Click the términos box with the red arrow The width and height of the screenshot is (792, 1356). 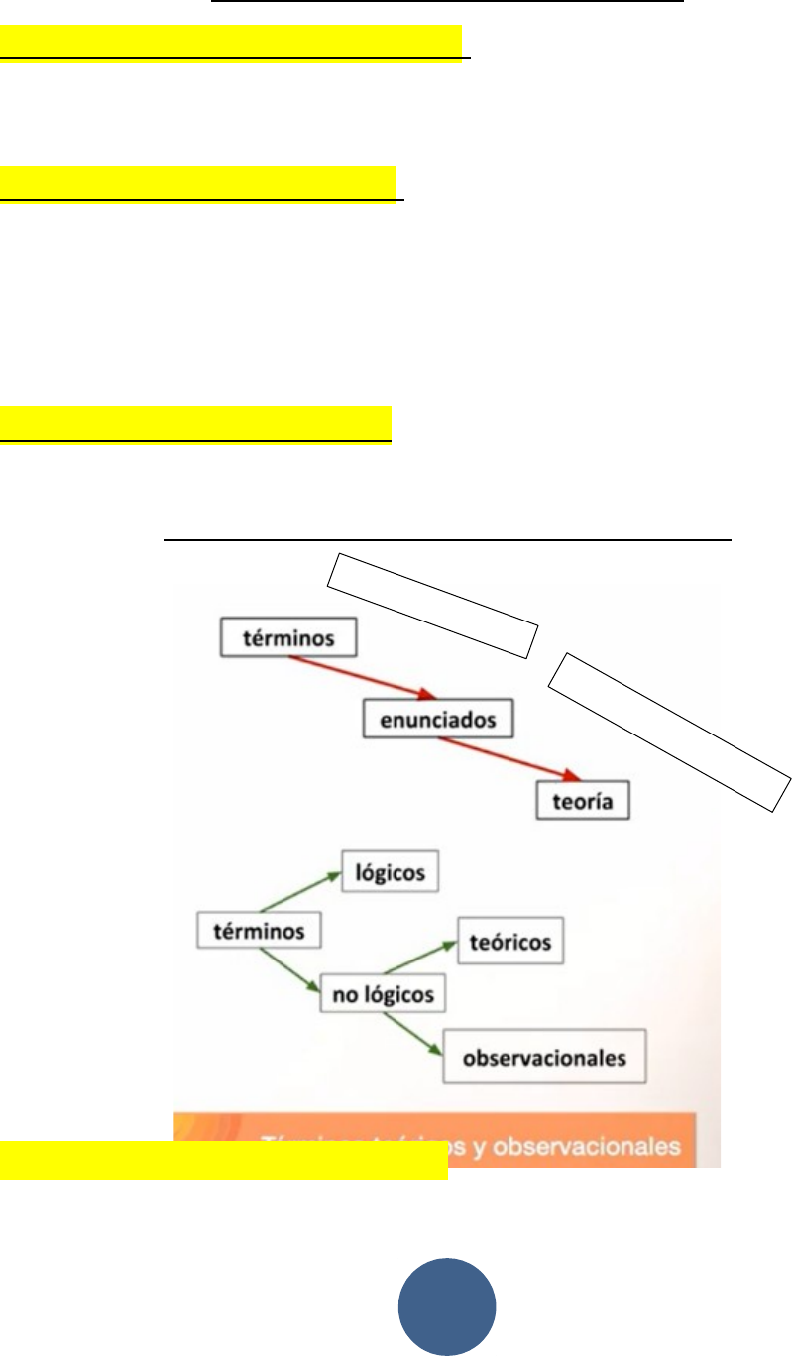[x=287, y=638]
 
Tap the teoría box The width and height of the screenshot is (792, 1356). [x=584, y=801]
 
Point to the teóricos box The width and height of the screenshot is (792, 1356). [x=510, y=941]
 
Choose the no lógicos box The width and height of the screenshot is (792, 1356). [x=383, y=994]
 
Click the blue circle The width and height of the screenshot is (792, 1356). [x=447, y=1306]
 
